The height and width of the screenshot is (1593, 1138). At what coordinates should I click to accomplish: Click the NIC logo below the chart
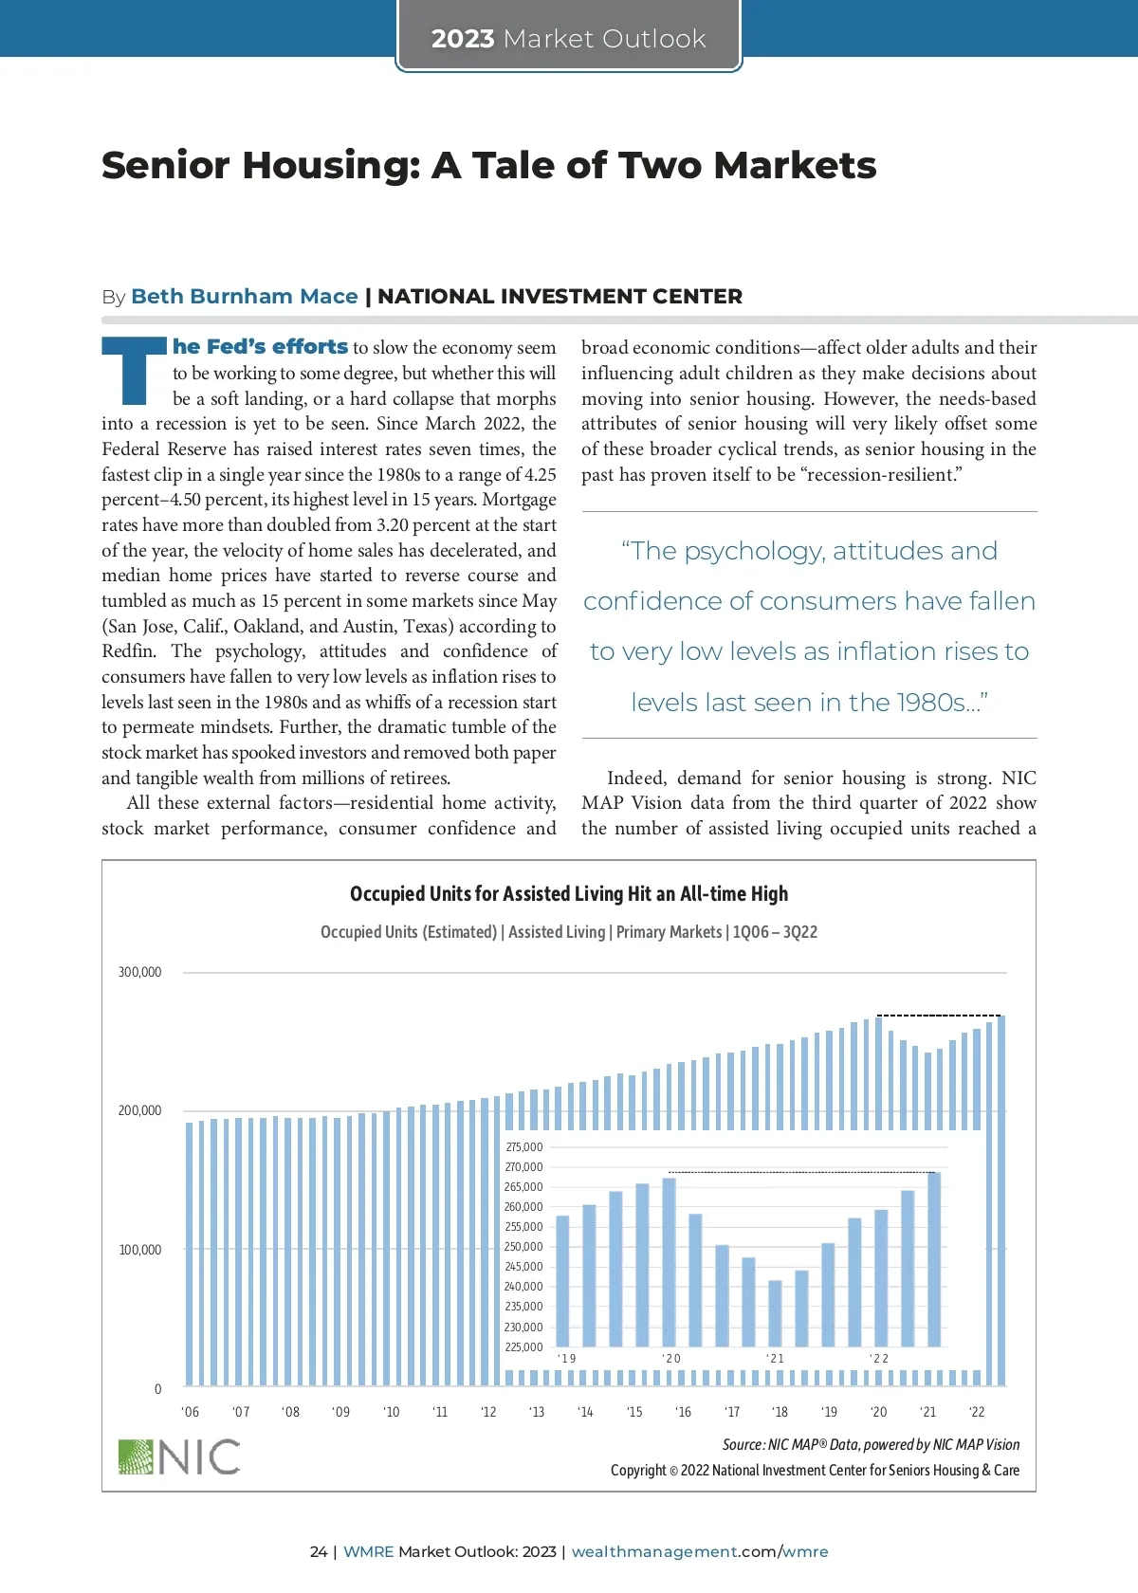[179, 1456]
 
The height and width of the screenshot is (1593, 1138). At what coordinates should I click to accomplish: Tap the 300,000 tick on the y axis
[139, 972]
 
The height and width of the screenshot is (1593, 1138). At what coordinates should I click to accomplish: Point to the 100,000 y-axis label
[139, 1250]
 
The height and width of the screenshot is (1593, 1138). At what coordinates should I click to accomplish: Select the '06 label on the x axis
[190, 1412]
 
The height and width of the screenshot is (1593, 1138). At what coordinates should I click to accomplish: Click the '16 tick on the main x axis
[683, 1412]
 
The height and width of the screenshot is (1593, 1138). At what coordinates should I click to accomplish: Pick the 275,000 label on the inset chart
[523, 1147]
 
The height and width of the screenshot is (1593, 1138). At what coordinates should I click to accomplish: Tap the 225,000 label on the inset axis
[523, 1347]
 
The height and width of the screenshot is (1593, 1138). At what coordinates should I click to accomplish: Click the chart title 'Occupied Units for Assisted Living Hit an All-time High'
[568, 894]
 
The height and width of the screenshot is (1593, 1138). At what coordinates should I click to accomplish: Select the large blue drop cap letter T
[134, 370]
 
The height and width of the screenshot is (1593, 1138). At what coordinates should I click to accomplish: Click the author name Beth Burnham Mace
[244, 297]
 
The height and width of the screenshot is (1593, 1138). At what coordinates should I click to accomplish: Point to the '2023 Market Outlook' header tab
[568, 38]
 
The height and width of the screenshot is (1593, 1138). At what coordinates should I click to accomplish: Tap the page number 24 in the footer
[318, 1551]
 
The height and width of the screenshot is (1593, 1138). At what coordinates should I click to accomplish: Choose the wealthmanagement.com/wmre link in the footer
[699, 1551]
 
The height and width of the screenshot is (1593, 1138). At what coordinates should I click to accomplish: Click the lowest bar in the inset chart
[775, 1313]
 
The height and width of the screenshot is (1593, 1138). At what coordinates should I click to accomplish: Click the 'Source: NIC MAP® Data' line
[871, 1445]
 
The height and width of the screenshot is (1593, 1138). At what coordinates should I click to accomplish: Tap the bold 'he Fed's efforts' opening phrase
[260, 347]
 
